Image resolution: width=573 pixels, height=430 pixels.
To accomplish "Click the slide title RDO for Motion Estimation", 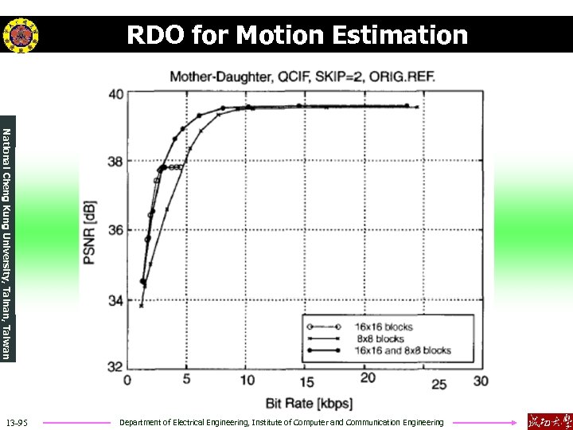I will click(298, 35).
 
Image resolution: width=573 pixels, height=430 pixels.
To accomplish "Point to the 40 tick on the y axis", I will click(115, 94).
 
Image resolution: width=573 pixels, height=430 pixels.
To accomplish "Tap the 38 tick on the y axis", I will click(115, 162).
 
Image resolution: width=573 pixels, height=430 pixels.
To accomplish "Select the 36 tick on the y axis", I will click(115, 231).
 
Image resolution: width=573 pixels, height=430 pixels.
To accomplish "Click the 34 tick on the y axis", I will click(115, 300).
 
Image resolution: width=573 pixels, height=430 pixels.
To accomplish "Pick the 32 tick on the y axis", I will click(115, 367).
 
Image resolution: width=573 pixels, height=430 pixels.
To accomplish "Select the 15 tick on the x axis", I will click(307, 381).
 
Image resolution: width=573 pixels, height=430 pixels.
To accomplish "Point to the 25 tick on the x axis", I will click(439, 384).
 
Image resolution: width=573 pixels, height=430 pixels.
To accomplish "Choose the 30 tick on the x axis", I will click(481, 381).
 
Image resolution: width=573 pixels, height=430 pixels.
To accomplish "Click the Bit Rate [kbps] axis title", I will click(306, 402).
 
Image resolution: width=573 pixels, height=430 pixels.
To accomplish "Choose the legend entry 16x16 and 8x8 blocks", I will click(403, 350).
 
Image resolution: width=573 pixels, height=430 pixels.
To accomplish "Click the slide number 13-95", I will click(16, 422).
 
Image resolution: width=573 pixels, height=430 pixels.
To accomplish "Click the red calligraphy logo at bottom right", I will click(548, 420).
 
